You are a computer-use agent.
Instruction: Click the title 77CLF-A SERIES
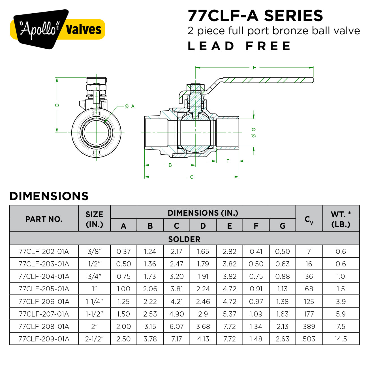click(x=255, y=16)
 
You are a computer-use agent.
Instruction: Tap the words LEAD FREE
click(x=239, y=46)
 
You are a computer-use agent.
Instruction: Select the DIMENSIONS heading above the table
click(x=49, y=196)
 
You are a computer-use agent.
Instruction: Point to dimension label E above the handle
click(x=254, y=68)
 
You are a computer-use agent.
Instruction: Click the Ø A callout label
click(x=130, y=106)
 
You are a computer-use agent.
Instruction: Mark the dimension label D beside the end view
click(x=57, y=105)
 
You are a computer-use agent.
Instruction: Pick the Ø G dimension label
click(x=254, y=132)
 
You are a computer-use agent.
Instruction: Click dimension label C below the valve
click(x=192, y=177)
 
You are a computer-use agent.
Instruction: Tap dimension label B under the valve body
click(x=170, y=165)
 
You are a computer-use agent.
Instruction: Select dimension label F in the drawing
click(x=228, y=161)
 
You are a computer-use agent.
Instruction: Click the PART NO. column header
click(x=44, y=219)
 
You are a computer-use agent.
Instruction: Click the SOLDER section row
click(x=184, y=239)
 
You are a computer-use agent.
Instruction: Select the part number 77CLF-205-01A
click(x=44, y=289)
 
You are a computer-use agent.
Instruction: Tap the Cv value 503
click(x=309, y=339)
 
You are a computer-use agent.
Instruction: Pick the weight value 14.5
click(x=341, y=339)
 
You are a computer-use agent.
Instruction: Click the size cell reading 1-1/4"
click(x=94, y=301)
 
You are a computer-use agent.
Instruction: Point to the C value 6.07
click(x=176, y=326)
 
